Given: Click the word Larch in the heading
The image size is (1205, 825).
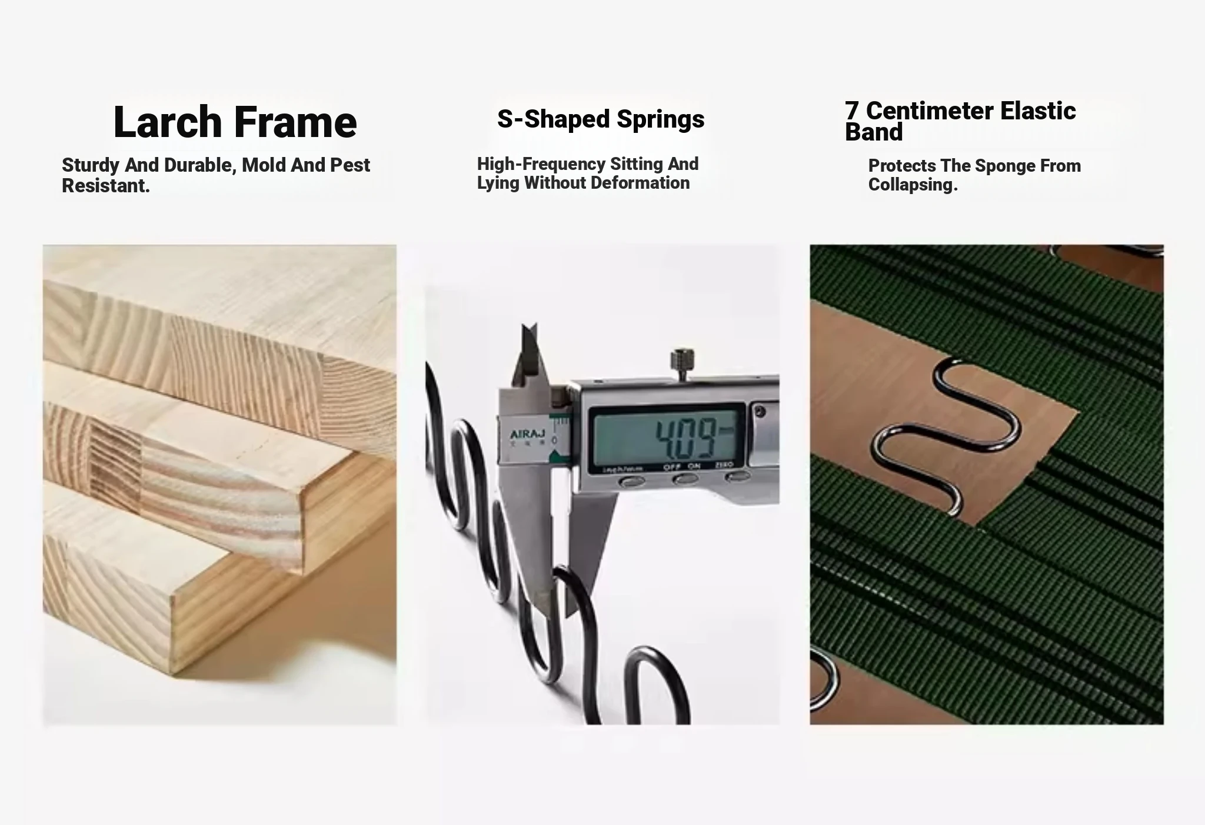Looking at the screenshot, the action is pos(167,122).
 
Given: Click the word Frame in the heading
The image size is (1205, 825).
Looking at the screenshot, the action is pos(295,122).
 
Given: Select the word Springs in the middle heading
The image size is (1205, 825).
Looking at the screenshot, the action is pos(660,120).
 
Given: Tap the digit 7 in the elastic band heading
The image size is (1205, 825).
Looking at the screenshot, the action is pos(851,111).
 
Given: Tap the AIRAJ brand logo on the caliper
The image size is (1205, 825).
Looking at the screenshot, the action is pos(527,435).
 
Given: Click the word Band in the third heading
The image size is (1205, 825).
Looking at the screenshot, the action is pos(874,132).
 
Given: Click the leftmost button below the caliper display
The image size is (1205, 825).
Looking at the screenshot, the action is pos(632,482).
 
